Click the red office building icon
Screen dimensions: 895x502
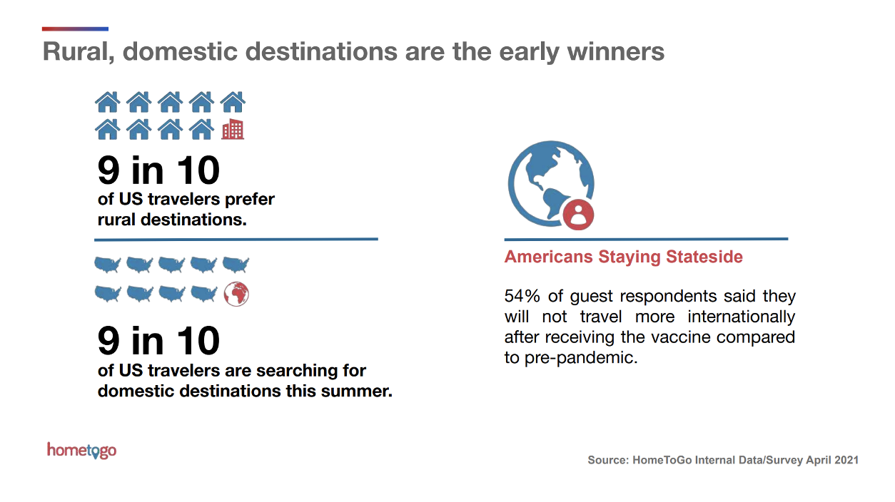pyautogui.click(x=233, y=129)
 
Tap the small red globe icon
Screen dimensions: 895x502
pyautogui.click(x=236, y=294)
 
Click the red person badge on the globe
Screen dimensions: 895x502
pyautogui.click(x=578, y=215)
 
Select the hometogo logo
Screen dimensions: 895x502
pyautogui.click(x=82, y=451)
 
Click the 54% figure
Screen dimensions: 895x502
pyautogui.click(x=522, y=296)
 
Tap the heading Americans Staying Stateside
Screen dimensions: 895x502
pyautogui.click(x=623, y=257)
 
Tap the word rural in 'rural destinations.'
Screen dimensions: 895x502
pyautogui.click(x=116, y=220)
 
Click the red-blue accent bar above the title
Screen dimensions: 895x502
pyautogui.click(x=75, y=29)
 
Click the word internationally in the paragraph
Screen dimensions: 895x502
pyautogui.click(x=741, y=317)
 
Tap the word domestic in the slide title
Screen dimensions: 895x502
pyautogui.click(x=180, y=52)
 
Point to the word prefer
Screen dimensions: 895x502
pyautogui.click(x=250, y=200)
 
